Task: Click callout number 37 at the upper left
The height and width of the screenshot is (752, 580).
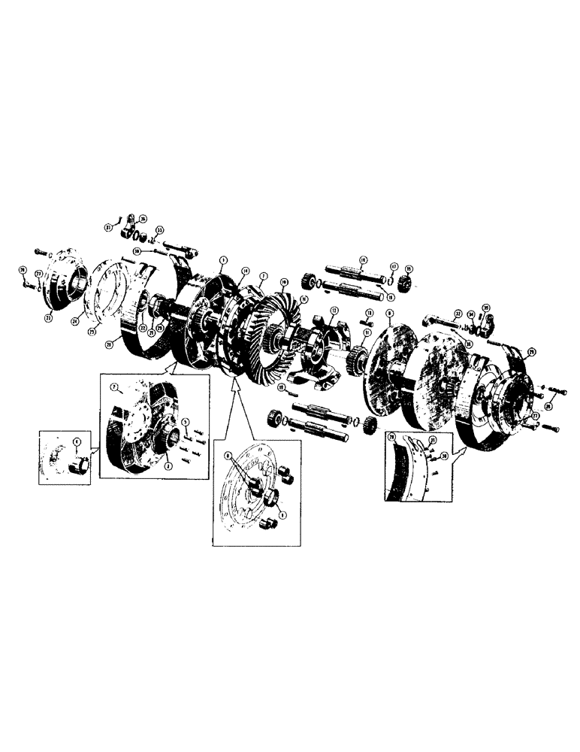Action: tap(109, 228)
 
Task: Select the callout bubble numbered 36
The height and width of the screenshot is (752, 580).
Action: tap(143, 219)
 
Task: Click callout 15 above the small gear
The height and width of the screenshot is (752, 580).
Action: tap(409, 269)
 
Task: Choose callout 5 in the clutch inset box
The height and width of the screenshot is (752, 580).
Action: tap(185, 422)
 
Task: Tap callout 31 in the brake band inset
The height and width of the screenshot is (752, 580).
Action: tap(432, 441)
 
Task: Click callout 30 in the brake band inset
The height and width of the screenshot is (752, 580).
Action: tap(444, 456)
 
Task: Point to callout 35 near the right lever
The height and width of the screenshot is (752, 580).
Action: tap(485, 307)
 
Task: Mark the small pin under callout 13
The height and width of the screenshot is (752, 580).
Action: tap(369, 326)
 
